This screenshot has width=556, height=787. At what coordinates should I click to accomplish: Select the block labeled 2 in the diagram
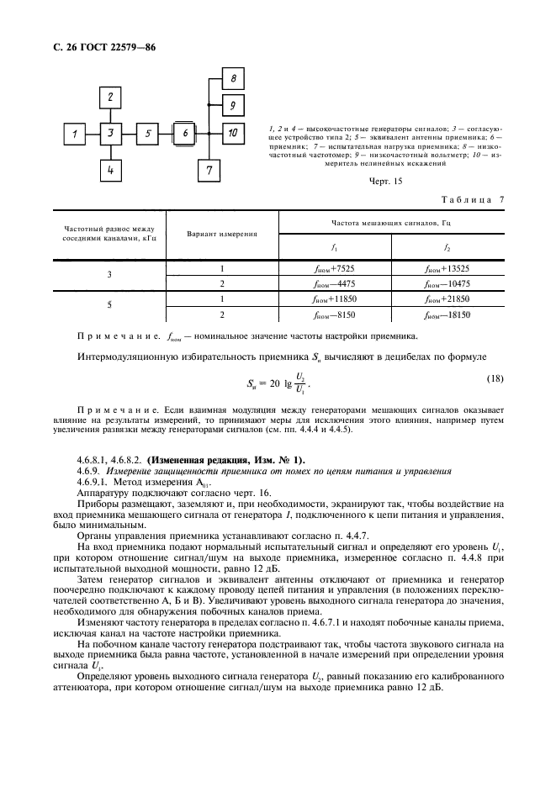pos(110,98)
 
